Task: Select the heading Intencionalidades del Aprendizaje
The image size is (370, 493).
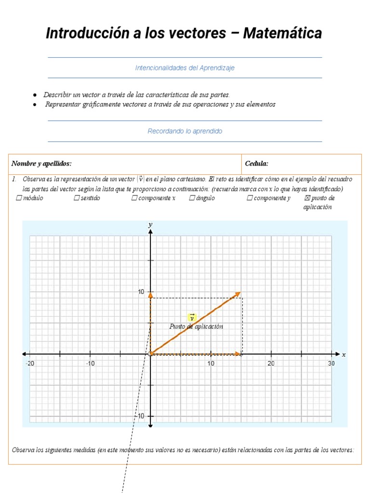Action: [185, 68]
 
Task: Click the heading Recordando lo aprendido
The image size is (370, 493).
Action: [185, 131]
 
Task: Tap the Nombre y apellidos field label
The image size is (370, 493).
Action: [41, 164]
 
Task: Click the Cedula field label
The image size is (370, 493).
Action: [256, 164]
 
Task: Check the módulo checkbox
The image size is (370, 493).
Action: [19, 198]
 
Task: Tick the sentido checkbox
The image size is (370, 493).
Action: [77, 198]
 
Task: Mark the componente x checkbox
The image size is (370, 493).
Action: [134, 198]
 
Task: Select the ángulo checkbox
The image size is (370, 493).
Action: [192, 198]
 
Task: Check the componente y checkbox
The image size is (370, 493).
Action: [250, 198]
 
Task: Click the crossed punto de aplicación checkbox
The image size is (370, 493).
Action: [307, 198]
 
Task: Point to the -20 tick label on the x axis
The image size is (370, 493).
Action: [30, 363]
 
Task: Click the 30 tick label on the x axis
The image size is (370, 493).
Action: [331, 363]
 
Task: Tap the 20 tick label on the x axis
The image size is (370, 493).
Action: [271, 363]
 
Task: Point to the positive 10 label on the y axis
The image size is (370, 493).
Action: [141, 292]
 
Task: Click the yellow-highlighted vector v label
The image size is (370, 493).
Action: [192, 317]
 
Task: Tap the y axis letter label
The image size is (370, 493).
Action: [150, 224]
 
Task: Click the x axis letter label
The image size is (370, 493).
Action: [344, 354]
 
